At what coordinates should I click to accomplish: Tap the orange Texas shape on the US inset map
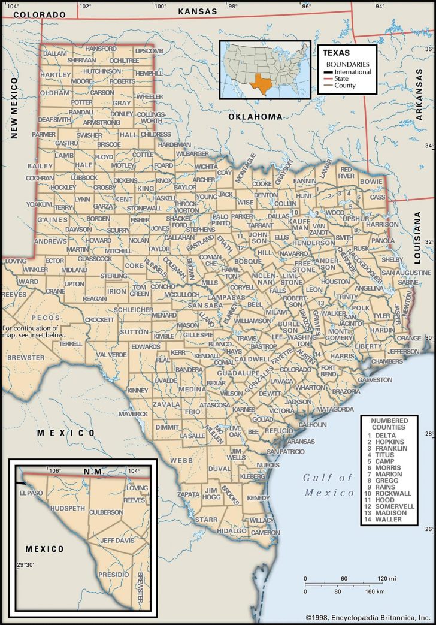262,84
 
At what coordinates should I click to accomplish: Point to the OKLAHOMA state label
255,117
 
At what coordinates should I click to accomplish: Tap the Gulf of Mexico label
328,485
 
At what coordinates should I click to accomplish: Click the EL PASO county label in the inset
32,493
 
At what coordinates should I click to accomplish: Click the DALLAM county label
55,53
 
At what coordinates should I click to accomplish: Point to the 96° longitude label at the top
306,7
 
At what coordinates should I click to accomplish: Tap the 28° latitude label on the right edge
429,433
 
